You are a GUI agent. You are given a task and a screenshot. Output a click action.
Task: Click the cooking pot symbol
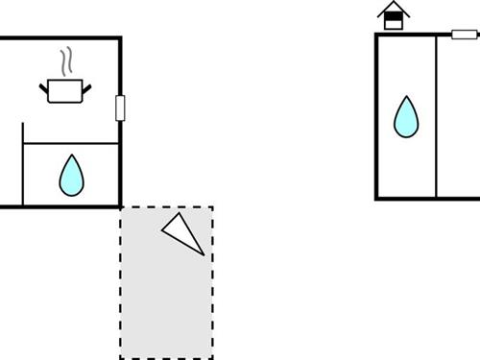coord(65,91)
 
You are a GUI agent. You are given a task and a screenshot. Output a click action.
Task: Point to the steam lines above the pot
coord(65,62)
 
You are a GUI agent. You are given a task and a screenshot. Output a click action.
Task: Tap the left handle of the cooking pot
coord(44,89)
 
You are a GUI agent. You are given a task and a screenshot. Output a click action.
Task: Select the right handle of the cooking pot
coord(86,89)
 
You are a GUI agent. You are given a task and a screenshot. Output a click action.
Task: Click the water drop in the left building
coord(71,175)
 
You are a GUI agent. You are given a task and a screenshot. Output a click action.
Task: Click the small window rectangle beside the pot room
coord(120,108)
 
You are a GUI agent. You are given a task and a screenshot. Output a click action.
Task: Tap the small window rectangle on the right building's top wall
coord(465,36)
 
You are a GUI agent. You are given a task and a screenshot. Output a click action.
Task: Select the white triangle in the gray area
coord(183,233)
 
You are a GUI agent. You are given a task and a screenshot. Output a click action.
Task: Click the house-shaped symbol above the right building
coord(392,16)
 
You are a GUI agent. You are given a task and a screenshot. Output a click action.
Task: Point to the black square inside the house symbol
coord(392,21)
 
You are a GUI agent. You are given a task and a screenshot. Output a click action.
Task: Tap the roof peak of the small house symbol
coord(392,4)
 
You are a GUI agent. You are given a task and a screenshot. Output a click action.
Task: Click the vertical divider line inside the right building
coord(437,115)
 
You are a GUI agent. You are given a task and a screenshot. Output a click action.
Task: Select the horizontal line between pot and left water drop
coord(71,144)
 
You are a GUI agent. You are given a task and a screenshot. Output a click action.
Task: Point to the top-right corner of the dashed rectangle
coord(212,206)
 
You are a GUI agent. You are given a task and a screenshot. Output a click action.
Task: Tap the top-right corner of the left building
coord(120,37)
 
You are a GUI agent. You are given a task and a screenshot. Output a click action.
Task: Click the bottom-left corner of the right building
coord(376,198)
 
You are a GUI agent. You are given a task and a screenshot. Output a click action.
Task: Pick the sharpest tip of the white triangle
coord(204,254)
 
